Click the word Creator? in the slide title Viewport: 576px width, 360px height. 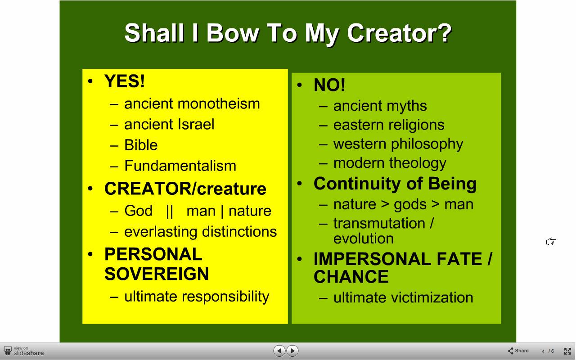(x=399, y=33)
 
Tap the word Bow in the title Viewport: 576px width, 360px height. (x=233, y=33)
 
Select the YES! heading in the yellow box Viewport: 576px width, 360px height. (x=125, y=81)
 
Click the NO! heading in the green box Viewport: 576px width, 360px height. (x=329, y=85)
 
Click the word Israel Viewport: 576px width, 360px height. (x=192, y=125)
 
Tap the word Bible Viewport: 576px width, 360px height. (x=141, y=145)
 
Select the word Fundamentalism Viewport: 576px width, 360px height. (x=180, y=166)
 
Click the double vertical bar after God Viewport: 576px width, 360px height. (x=170, y=211)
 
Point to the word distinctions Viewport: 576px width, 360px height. (x=239, y=231)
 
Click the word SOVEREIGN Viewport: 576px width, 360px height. (x=156, y=274)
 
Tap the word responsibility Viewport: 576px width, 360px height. (x=225, y=297)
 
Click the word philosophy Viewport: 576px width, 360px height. (x=427, y=144)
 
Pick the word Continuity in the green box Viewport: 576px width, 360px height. (x=357, y=184)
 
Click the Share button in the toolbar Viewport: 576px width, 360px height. (x=518, y=351)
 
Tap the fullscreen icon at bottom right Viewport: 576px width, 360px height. (x=567, y=351)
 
